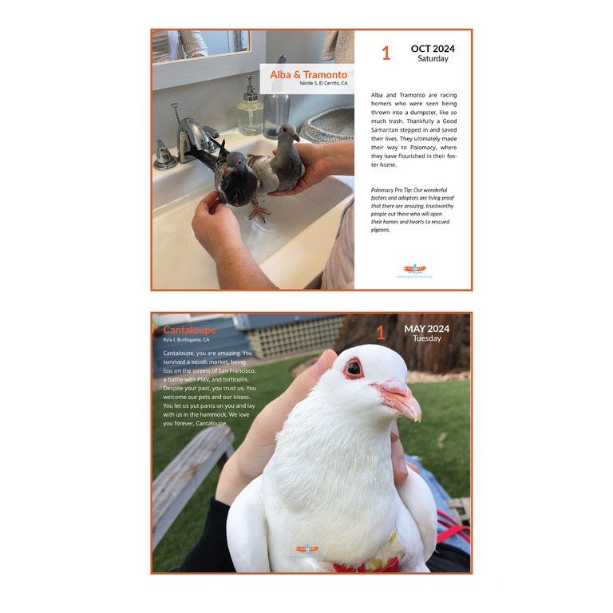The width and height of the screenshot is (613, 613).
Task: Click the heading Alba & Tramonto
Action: [x=308, y=74]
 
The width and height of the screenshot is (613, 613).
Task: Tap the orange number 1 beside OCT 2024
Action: [x=386, y=53]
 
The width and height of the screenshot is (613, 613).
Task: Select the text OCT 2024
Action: [x=432, y=49]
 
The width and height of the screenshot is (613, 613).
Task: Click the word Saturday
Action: [x=433, y=59]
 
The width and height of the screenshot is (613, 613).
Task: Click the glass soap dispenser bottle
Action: [x=250, y=108]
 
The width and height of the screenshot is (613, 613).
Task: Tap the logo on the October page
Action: [x=414, y=270]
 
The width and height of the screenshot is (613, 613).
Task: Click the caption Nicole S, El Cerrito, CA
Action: [x=323, y=84]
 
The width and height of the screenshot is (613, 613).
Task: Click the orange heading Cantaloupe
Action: [x=189, y=330]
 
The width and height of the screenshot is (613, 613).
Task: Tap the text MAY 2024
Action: [x=426, y=329]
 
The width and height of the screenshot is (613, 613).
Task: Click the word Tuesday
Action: [x=427, y=338]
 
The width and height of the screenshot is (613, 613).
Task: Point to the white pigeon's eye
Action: [x=354, y=369]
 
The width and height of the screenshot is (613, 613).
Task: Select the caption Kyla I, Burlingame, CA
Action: [x=186, y=340]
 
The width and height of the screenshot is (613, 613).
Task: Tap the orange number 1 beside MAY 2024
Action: [x=381, y=334]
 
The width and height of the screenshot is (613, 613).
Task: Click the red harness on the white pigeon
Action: [x=363, y=566]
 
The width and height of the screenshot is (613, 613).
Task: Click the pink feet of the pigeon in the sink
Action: [x=258, y=213]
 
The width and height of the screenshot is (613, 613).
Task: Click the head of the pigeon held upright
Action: [x=288, y=132]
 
